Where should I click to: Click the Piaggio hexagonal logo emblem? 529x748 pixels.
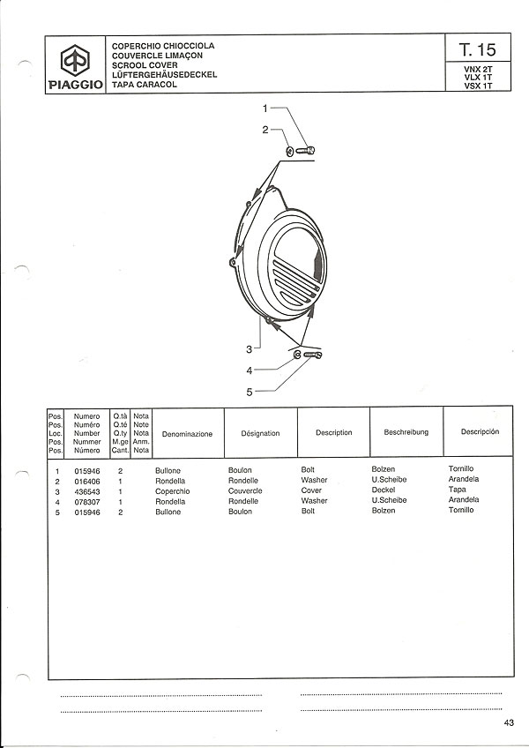pos(75,60)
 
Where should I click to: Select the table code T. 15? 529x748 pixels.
pos(478,49)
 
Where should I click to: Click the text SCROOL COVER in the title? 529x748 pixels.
pos(145,65)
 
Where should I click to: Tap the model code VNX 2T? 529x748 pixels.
pos(478,69)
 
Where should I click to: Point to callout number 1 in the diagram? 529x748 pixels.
pos(265,108)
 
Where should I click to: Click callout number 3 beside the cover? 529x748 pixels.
pos(249,349)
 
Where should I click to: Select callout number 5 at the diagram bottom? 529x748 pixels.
pos(249,393)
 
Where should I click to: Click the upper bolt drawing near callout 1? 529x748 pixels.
pos(305,151)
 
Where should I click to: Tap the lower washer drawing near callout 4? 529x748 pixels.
pos(297,355)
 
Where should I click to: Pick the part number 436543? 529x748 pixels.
pos(87,492)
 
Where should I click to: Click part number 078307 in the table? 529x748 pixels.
pos(87,502)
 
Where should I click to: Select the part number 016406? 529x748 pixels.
pos(87,482)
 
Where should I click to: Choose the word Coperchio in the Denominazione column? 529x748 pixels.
pos(172,491)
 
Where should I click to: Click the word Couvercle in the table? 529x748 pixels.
pos(245,490)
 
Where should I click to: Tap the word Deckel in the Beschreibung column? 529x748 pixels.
pos(383,490)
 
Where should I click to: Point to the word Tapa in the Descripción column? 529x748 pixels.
pos(457,490)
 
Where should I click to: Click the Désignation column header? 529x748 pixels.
pos(260,433)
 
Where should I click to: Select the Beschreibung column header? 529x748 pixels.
pos(406,432)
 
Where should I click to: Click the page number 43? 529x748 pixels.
pos(509,722)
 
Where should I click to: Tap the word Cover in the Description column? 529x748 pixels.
pos(311,490)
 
